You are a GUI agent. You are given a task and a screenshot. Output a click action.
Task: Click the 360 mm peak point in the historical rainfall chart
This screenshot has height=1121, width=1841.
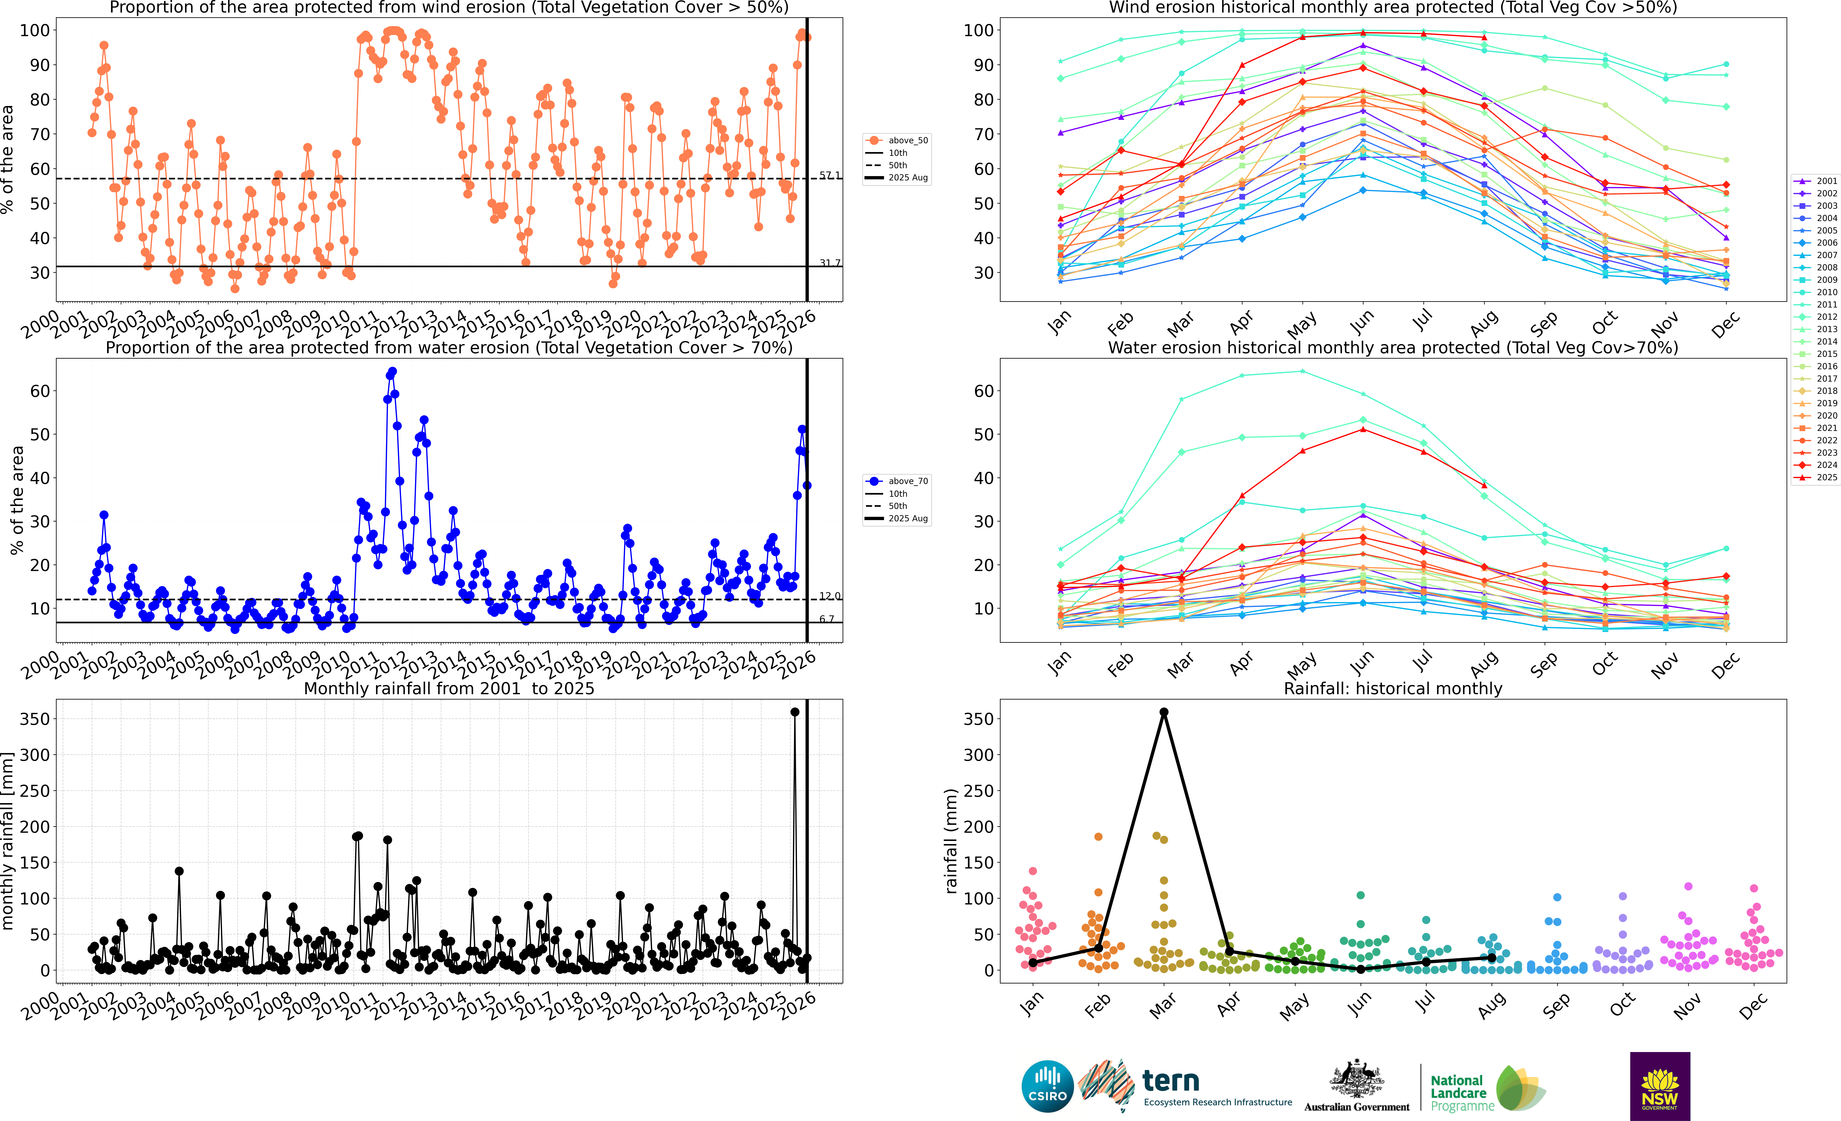tap(1163, 712)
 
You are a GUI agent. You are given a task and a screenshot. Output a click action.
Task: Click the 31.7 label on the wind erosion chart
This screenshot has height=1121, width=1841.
tap(829, 263)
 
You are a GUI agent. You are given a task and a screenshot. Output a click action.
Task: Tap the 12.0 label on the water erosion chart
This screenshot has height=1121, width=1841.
tap(829, 596)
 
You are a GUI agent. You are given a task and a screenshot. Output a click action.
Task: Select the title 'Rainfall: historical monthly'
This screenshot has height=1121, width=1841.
tap(1393, 688)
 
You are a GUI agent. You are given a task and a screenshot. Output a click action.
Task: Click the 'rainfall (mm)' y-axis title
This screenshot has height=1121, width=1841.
tap(950, 841)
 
